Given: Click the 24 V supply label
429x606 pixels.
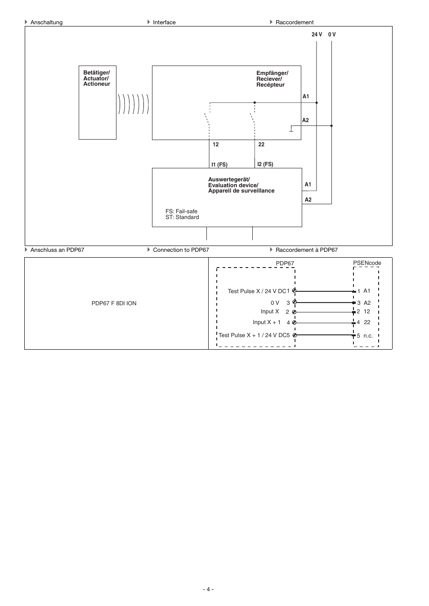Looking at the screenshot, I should click(317, 35).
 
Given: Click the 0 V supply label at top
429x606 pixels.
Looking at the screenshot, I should click(332, 35).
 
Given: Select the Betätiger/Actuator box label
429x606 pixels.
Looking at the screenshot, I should click(97, 78).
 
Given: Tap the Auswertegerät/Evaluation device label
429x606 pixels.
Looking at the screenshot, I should click(241, 185).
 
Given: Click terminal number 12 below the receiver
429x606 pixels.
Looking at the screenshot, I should click(216, 145).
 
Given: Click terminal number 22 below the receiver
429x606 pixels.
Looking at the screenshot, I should click(261, 145).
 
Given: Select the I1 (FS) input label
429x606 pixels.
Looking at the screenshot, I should click(219, 165).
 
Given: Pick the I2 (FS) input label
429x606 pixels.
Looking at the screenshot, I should click(265, 164).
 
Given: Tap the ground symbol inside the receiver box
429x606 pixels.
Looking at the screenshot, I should click(291, 129).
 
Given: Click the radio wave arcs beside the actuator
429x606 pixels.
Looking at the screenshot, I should click(133, 104).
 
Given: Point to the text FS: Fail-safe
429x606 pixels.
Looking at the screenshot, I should click(181, 211).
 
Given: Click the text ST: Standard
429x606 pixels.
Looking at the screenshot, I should click(182, 217).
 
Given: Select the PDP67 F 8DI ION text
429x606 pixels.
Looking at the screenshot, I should click(114, 303).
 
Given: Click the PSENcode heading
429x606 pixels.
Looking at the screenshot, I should click(367, 263).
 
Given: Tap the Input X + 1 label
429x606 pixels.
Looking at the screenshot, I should click(267, 322).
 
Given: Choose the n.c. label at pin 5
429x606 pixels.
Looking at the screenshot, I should click(368, 336).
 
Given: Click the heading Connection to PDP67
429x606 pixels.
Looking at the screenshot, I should click(181, 250).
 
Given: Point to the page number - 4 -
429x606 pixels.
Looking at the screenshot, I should click(208, 589).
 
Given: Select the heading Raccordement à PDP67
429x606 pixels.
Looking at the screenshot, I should click(306, 250).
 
